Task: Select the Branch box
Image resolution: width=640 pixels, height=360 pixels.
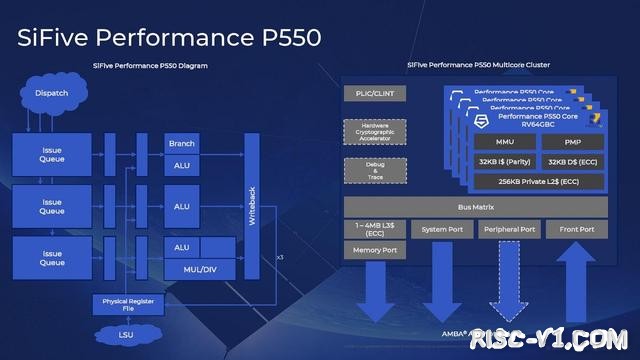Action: [x=182, y=144]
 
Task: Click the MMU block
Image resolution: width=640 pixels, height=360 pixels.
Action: [x=497, y=141]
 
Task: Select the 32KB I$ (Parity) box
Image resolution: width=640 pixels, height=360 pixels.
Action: [x=497, y=161]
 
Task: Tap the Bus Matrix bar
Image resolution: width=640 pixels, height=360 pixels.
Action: [x=476, y=206]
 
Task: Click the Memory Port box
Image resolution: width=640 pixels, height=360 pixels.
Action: [x=374, y=250]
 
